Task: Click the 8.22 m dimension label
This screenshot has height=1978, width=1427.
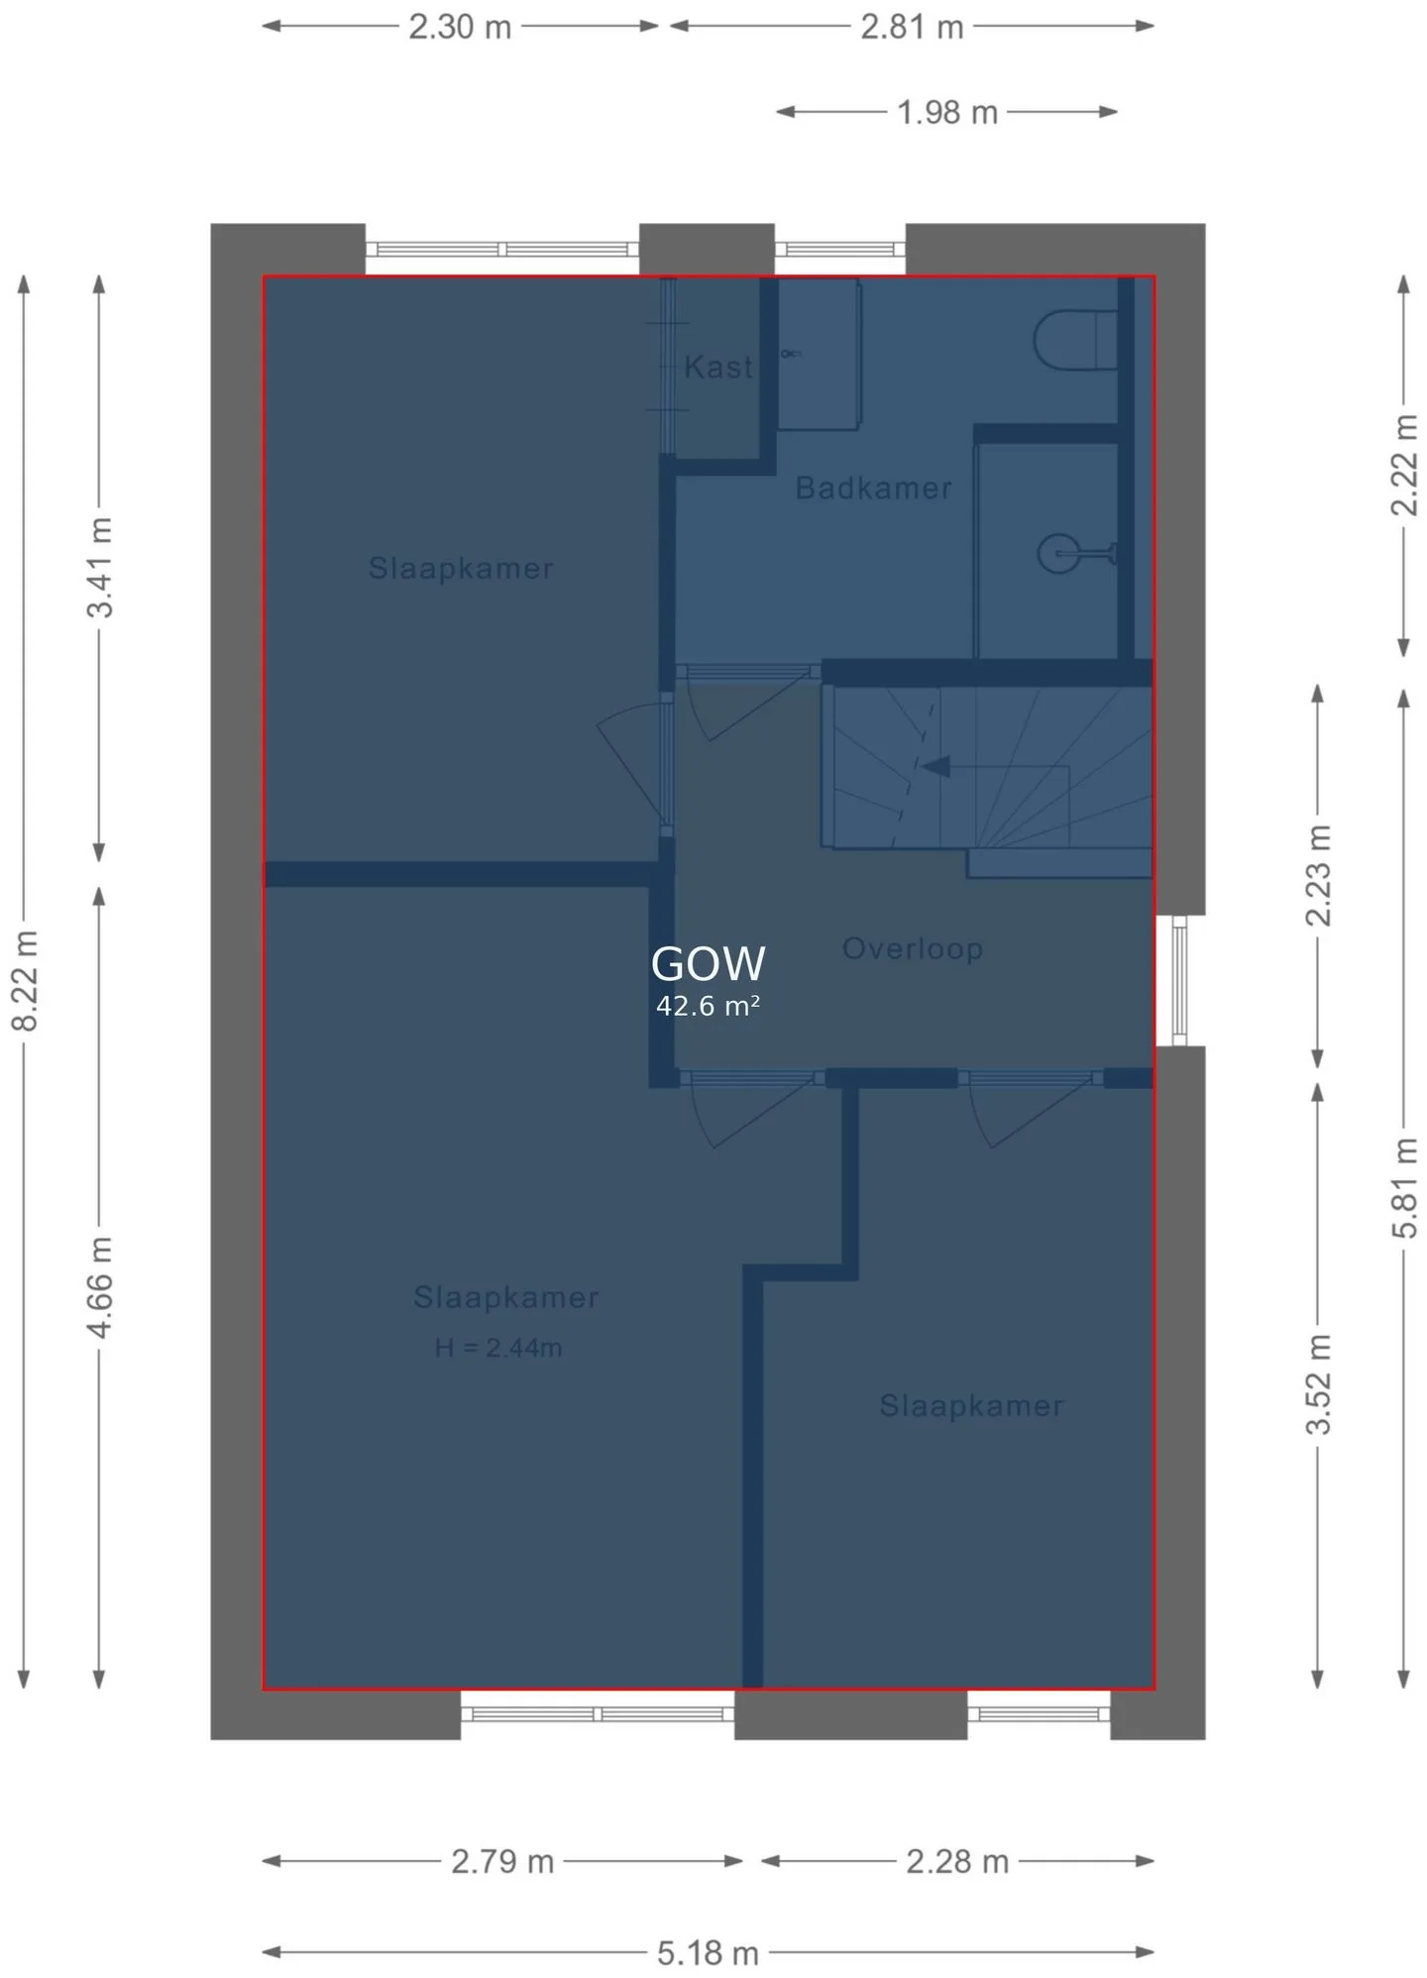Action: click(x=25, y=980)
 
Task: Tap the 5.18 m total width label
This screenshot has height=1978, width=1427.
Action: click(x=708, y=1953)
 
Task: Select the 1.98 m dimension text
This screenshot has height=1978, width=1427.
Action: click(x=946, y=112)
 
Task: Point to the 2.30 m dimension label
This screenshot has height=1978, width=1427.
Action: click(x=460, y=27)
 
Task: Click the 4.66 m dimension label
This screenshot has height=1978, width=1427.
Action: click(x=99, y=1286)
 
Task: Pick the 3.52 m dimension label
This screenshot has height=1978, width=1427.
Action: click(x=1318, y=1383)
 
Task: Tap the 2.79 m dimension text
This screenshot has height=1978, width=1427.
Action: click(x=502, y=1861)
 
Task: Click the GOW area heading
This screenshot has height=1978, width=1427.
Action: click(x=708, y=963)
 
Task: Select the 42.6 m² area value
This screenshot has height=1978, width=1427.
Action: click(x=708, y=1006)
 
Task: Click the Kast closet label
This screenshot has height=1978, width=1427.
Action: click(x=718, y=368)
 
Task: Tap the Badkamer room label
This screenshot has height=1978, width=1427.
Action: click(x=873, y=488)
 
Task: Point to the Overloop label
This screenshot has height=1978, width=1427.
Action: click(x=913, y=948)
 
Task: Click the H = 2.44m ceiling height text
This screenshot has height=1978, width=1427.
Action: click(x=498, y=1348)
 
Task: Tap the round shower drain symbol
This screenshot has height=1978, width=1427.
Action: click(x=1056, y=553)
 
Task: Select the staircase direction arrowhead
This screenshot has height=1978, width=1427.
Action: click(x=935, y=766)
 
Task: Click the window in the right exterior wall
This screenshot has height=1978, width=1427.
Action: click(x=1179, y=980)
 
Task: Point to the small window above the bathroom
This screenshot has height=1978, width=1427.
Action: click(x=839, y=249)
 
